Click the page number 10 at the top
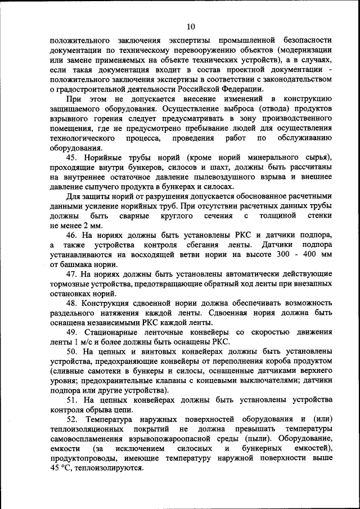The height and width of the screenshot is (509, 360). (x=191, y=26)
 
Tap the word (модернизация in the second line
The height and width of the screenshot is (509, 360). (x=304, y=50)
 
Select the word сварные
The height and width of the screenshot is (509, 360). (x=134, y=216)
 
